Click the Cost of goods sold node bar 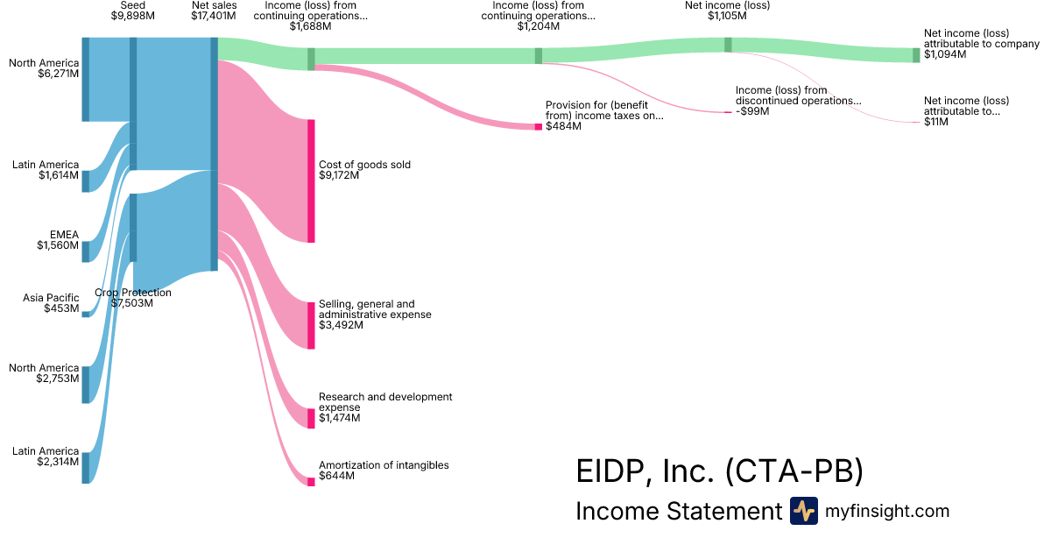point(311,180)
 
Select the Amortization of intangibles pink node point(311,481)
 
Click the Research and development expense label point(385,402)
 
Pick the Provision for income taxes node point(539,126)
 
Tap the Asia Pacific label point(51,298)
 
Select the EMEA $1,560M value point(58,245)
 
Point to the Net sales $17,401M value point(213,16)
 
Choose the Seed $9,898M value point(133,16)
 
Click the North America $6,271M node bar point(86,79)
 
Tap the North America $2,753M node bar point(86,385)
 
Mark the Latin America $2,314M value point(58,461)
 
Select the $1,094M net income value point(945,54)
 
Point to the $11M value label point(936,121)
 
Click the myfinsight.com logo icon point(803,511)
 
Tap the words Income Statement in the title point(678,511)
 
